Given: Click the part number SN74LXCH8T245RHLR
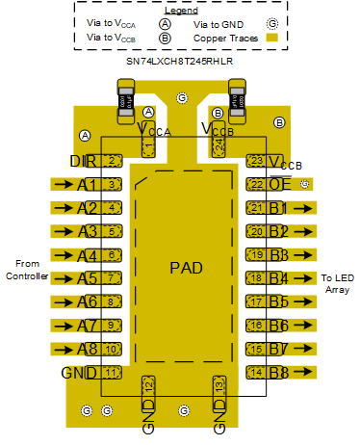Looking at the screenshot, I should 179,61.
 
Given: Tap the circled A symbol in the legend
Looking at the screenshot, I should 166,23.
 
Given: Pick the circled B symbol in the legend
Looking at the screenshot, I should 166,39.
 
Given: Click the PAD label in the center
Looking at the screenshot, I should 186,268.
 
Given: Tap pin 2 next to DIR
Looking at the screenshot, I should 113,160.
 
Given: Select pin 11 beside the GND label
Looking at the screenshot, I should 112,373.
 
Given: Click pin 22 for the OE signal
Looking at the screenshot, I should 256,184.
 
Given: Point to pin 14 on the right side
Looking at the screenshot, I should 256,373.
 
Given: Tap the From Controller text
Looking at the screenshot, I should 35,271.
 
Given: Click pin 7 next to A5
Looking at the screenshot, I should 112,278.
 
